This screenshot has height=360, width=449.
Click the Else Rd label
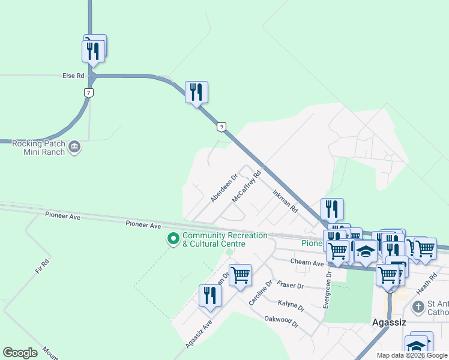pyautogui.click(x=73, y=76)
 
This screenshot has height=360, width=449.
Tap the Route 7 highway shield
pyautogui.click(x=89, y=93)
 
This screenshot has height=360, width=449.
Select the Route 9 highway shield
pyautogui.click(x=221, y=127)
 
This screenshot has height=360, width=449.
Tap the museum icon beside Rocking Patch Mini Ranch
pyautogui.click(x=74, y=147)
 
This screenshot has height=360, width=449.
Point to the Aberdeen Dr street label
pyautogui.click(x=224, y=188)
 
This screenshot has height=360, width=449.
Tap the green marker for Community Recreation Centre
pyautogui.click(x=173, y=239)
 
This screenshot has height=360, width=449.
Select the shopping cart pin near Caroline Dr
pyautogui.click(x=240, y=275)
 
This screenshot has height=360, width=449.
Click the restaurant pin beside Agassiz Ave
pyautogui.click(x=210, y=296)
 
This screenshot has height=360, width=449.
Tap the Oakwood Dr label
pyautogui.click(x=282, y=322)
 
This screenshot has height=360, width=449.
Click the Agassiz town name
pyautogui.click(x=389, y=322)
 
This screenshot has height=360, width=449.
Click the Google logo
pyautogui.click(x=20, y=353)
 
